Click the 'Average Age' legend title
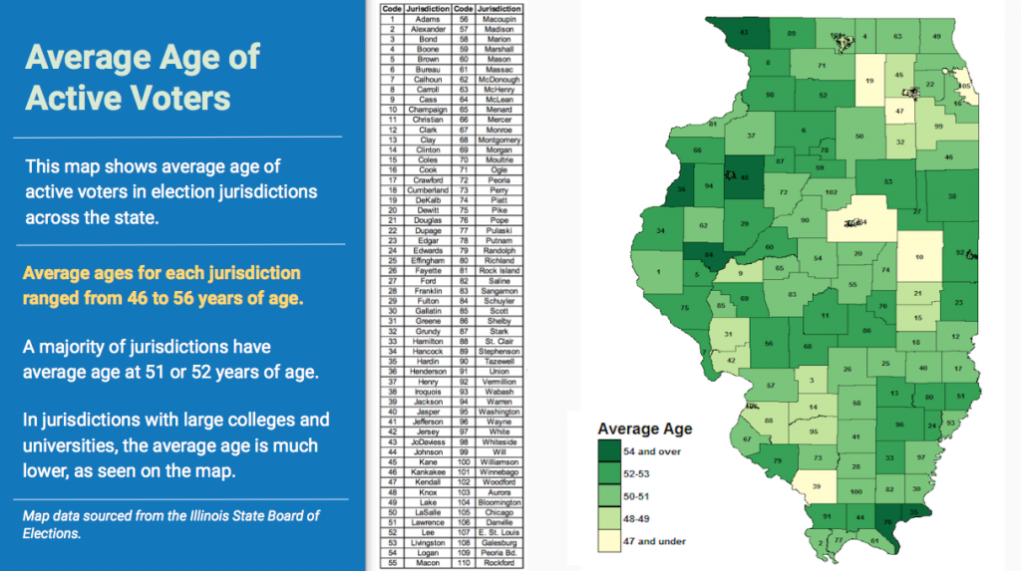point(644,429)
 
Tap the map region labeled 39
point(818,485)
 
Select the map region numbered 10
point(918,256)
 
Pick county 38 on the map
point(951,195)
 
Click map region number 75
point(684,309)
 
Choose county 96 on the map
point(899,425)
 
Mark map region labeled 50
point(859,137)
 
